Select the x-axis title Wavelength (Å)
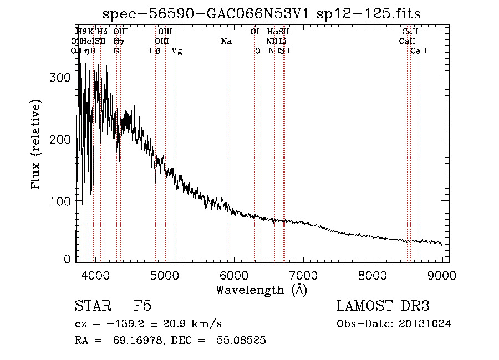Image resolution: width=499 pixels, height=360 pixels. tap(261, 290)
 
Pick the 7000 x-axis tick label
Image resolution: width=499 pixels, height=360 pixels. tap(303, 273)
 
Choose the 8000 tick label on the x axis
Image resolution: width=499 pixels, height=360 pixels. tap(373, 273)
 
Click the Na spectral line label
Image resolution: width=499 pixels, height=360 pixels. tap(226, 42)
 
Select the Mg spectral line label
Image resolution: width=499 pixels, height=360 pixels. tap(176, 51)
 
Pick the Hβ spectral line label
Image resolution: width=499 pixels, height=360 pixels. tap(155, 51)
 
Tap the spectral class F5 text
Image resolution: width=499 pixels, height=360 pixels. tap(142, 306)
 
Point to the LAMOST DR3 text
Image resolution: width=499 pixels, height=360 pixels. tap(383, 306)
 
